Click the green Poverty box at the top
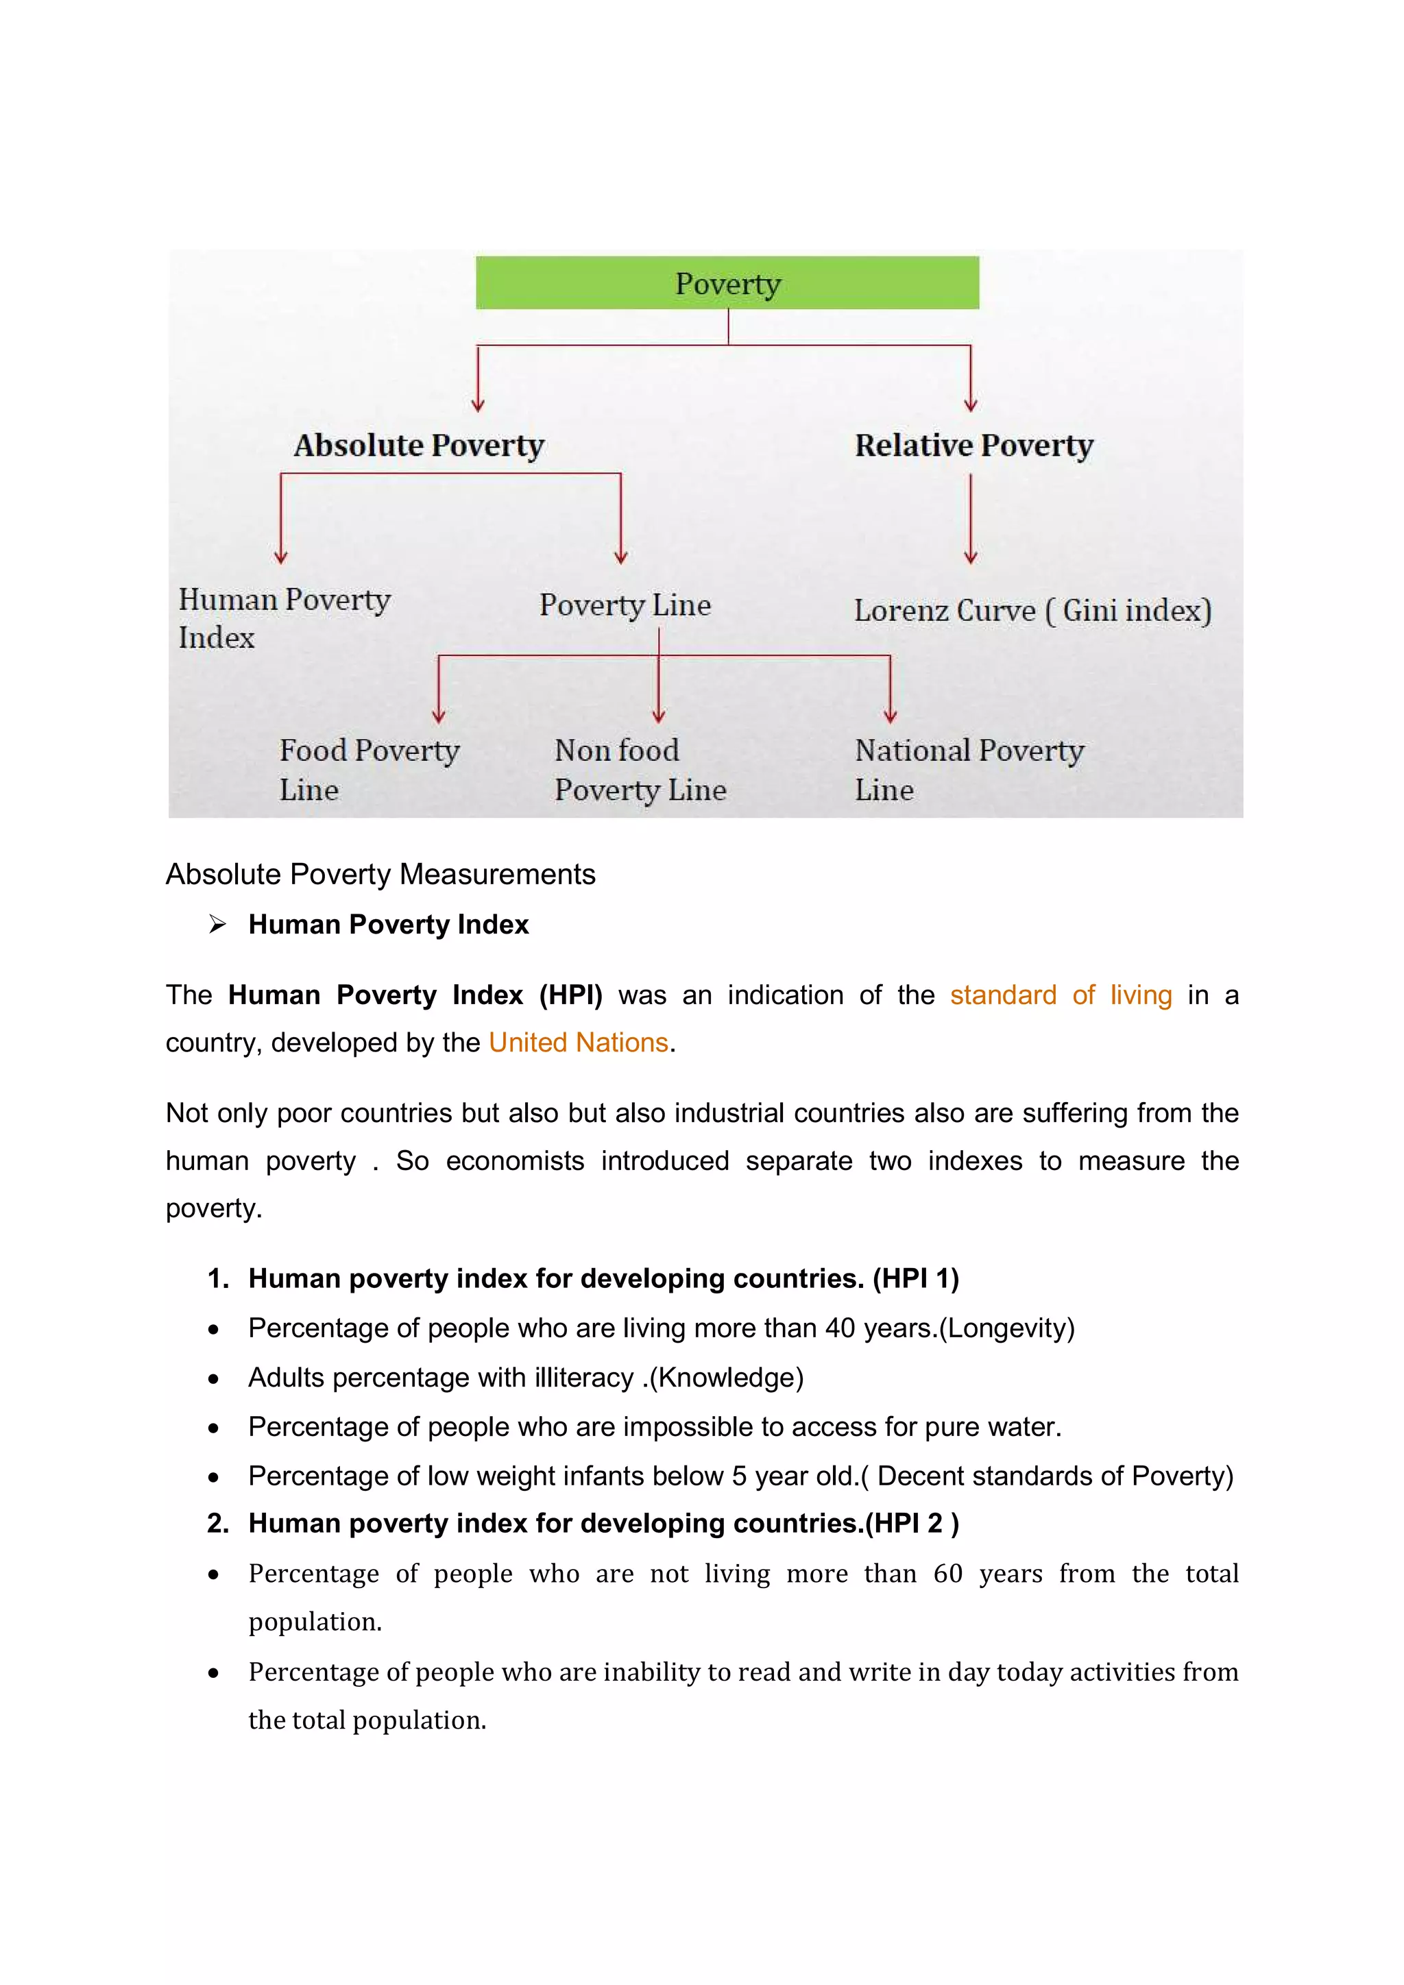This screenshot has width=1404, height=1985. [727, 282]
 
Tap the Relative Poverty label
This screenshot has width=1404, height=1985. [973, 446]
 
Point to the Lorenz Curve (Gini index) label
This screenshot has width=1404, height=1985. [1032, 610]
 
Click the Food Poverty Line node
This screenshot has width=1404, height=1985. [369, 768]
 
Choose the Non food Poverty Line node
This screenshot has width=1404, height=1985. [640, 768]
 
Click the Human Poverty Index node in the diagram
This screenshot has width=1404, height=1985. [284, 618]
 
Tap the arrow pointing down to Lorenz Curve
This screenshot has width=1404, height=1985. [970, 519]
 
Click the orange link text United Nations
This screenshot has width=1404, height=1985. [579, 1043]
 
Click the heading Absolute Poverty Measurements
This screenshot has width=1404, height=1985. [380, 874]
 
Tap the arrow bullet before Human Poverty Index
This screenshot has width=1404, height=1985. [217, 924]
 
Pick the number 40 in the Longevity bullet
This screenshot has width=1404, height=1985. [840, 1328]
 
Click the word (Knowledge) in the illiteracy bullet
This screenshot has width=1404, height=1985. [726, 1377]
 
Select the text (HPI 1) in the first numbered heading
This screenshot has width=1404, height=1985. [915, 1278]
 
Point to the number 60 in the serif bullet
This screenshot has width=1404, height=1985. [947, 1574]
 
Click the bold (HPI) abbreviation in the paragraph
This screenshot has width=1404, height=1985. [570, 995]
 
